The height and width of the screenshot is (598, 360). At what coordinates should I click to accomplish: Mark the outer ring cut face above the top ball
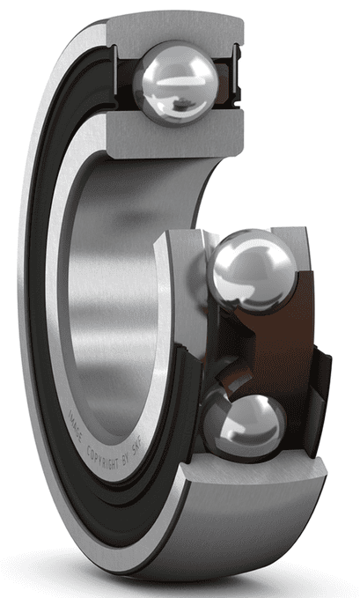coord(175,27)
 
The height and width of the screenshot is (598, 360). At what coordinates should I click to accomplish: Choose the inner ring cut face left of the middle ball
coord(180,264)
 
